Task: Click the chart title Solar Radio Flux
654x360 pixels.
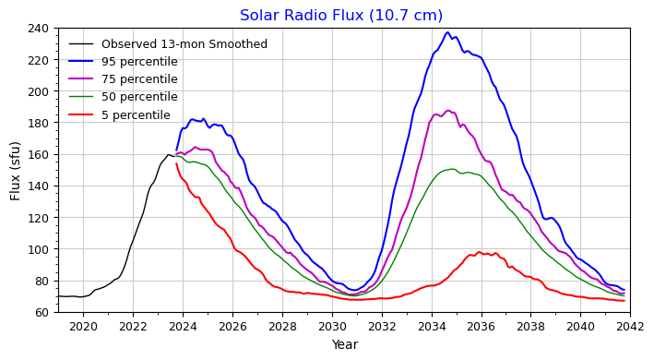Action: [x=341, y=16]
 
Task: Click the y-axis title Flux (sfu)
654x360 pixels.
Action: [x=16, y=170]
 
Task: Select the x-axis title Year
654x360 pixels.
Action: [x=344, y=345]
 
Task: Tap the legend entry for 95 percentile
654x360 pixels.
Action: [x=139, y=62]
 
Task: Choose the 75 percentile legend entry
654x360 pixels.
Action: [x=139, y=79]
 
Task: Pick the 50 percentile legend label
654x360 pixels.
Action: [x=139, y=97]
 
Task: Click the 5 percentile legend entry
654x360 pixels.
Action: [x=136, y=115]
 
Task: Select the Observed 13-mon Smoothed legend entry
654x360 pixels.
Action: [x=184, y=44]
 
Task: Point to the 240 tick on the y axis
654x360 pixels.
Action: [x=40, y=29]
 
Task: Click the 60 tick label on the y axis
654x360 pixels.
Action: [x=43, y=313]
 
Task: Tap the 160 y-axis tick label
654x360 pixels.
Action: [x=40, y=155]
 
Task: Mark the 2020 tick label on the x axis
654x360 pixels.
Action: [x=83, y=326]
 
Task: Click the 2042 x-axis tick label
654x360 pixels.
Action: [x=630, y=326]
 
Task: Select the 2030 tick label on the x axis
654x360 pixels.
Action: [x=332, y=326]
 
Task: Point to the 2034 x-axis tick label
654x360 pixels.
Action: [x=431, y=326]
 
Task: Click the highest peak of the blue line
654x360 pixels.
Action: [x=447, y=32]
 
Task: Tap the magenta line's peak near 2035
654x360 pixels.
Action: [x=448, y=111]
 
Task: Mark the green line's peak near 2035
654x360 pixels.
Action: [x=451, y=169]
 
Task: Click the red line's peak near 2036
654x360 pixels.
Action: [x=479, y=252]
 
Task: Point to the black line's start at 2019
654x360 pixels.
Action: [x=58, y=296]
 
